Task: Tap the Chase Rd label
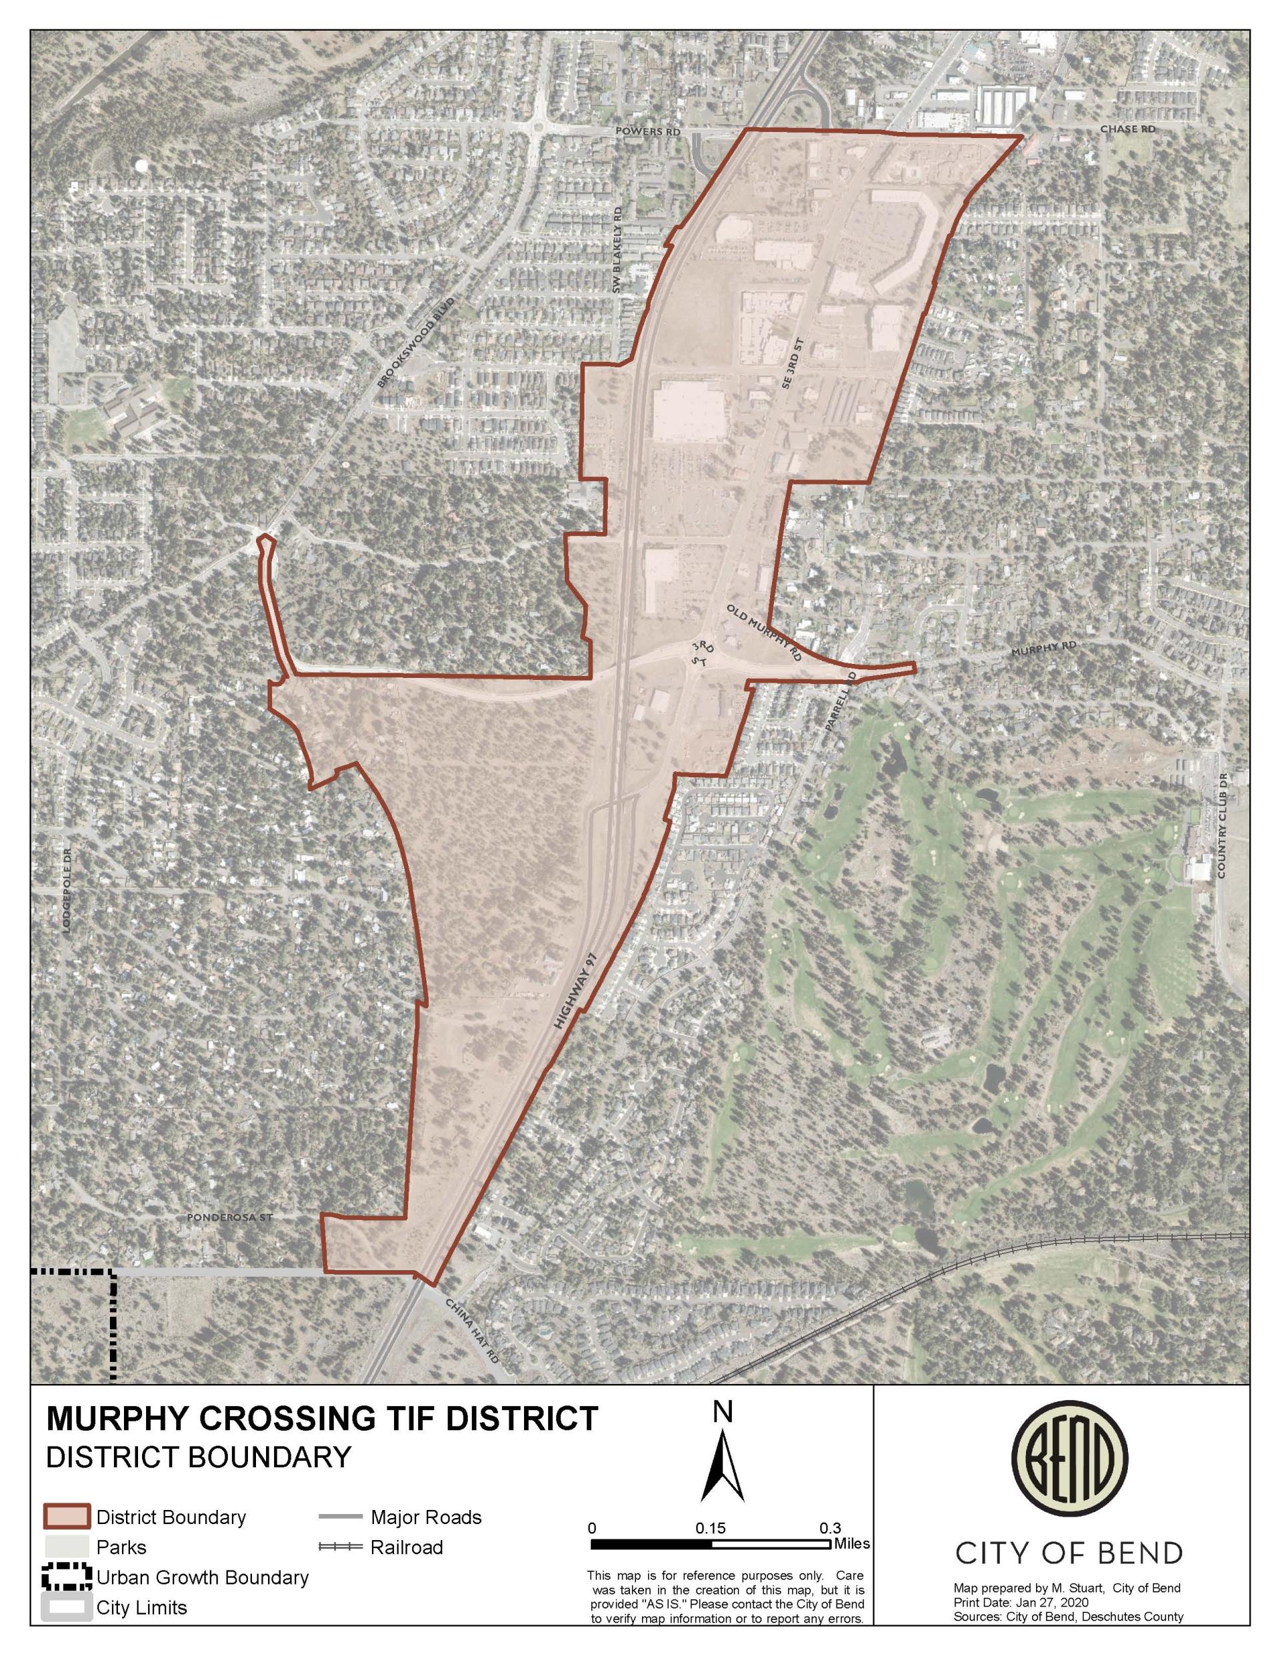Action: click(x=1127, y=129)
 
